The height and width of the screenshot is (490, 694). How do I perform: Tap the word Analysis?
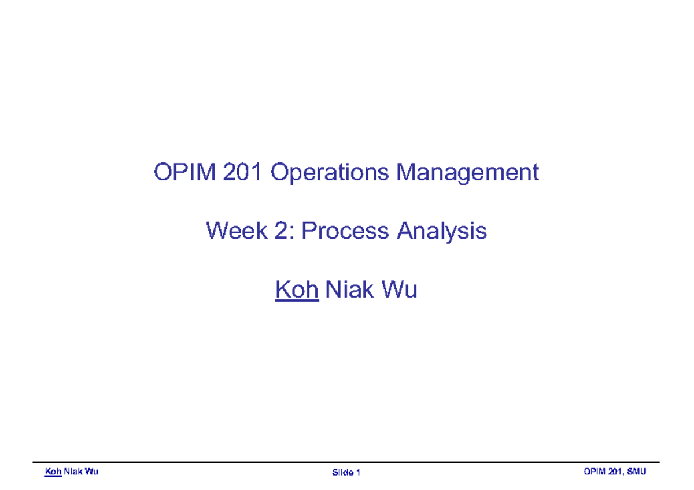pos(441,232)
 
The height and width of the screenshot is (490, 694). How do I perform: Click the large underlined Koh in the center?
pos(297,289)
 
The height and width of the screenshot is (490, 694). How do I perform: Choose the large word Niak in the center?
pos(349,289)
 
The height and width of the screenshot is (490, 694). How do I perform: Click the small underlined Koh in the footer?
pos(53,472)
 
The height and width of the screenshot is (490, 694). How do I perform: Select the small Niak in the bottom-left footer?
pos(75,472)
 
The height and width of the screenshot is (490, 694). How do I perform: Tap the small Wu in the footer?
pos(93,472)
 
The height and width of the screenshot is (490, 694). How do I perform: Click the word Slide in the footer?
pos(342,473)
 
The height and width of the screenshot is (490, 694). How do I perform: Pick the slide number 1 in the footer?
pos(359,473)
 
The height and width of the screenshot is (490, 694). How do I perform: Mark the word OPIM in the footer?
pos(595,472)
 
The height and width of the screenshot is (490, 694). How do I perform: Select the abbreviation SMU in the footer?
pos(637,472)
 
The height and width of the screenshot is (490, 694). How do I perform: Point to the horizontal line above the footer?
pos(347,463)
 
